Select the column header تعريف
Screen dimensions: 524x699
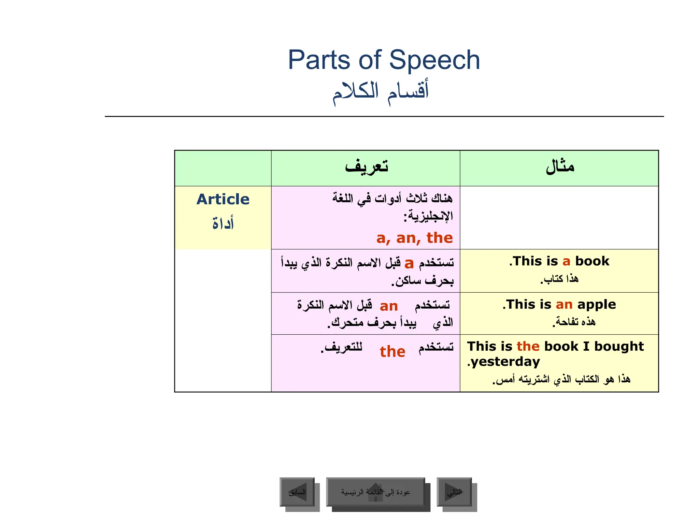pos(366,167)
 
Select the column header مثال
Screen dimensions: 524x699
pos(560,167)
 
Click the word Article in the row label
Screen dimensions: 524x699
pos(223,199)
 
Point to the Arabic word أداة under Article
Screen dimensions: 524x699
pos(223,223)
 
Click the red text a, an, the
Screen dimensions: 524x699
pos(414,238)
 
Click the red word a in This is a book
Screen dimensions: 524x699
pos(566,261)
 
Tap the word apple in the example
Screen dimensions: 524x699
pos(597,304)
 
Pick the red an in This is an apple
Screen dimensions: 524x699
pos(564,304)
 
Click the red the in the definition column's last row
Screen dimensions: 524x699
pos(393,351)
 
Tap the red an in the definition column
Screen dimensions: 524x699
pos(389,306)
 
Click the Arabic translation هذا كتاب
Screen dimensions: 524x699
pos(560,279)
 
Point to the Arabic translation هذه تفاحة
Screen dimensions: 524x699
pos(574,322)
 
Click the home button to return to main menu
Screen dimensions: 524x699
pos(375,492)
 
